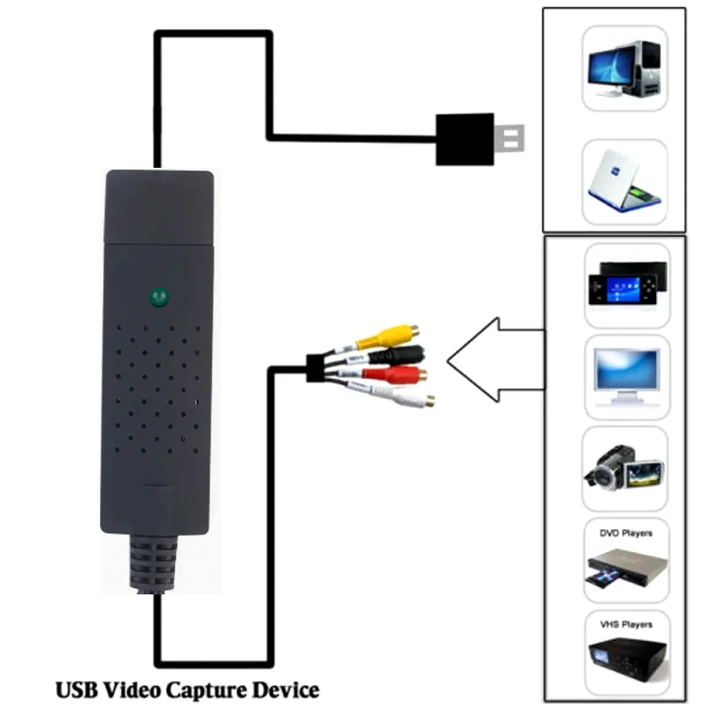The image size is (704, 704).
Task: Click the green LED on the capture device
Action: pyautogui.click(x=159, y=297)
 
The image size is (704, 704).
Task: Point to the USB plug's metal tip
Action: pyautogui.click(x=509, y=139)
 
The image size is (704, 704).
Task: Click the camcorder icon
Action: pyautogui.click(x=622, y=468)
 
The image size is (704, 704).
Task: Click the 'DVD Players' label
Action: pyautogui.click(x=626, y=534)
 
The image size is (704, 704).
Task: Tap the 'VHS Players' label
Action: pyautogui.click(x=626, y=625)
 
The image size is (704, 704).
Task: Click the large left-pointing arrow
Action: pyautogui.click(x=488, y=360)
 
